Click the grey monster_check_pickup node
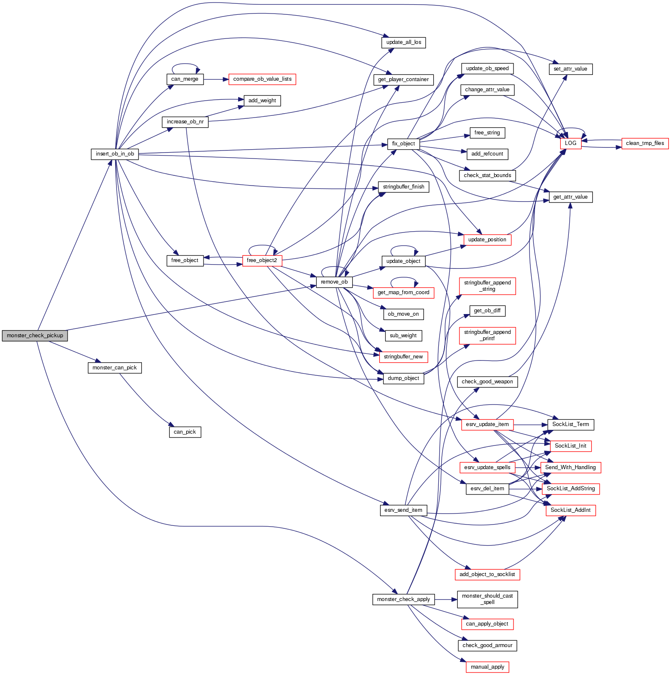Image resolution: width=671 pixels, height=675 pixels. tap(35, 336)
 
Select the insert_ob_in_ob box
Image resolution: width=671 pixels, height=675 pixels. tap(115, 154)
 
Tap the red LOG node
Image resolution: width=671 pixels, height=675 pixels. tap(570, 143)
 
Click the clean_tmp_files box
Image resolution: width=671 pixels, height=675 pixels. tap(645, 143)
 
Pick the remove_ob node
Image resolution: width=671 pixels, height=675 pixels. tap(334, 282)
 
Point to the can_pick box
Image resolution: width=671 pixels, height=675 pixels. tap(185, 432)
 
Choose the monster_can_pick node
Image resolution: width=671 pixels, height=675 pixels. tap(114, 368)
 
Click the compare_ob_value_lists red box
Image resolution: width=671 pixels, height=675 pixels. tap(262, 79)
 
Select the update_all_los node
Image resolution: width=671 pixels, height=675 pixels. tap(404, 42)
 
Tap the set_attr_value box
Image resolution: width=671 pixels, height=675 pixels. tap(570, 69)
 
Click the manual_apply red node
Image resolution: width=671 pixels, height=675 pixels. tap(487, 667)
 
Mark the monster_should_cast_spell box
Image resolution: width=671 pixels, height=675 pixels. tap(487, 599)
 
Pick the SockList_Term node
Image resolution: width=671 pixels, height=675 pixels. tap(570, 424)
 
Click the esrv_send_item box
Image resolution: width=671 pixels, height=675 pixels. tap(403, 510)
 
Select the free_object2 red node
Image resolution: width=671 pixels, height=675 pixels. tap(262, 260)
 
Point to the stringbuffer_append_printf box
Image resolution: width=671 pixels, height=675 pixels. tap(487, 335)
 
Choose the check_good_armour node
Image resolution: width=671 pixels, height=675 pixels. tap(487, 645)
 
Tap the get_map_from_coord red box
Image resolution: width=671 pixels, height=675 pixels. tap(403, 292)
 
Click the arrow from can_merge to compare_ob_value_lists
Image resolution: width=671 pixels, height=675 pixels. tap(216, 79)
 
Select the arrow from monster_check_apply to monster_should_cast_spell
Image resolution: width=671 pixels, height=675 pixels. tap(446, 599)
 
